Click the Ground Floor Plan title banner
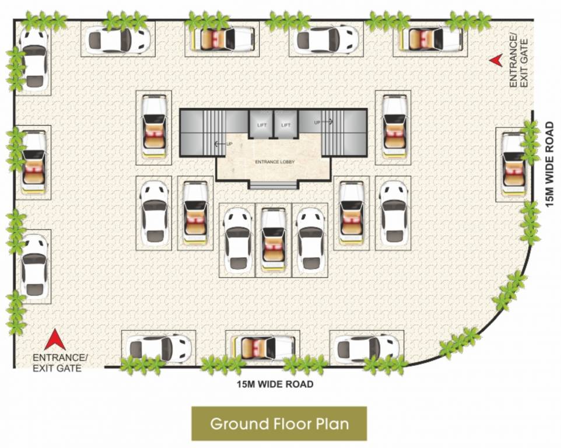click(279, 423)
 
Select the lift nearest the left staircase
click(261, 124)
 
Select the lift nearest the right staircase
click(286, 124)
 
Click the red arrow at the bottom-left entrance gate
click(54, 339)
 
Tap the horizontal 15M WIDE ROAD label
click(275, 384)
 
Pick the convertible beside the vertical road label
click(514, 164)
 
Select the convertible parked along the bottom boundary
click(261, 348)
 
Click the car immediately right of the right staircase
click(393, 126)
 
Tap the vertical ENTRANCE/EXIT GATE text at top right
click(517, 61)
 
